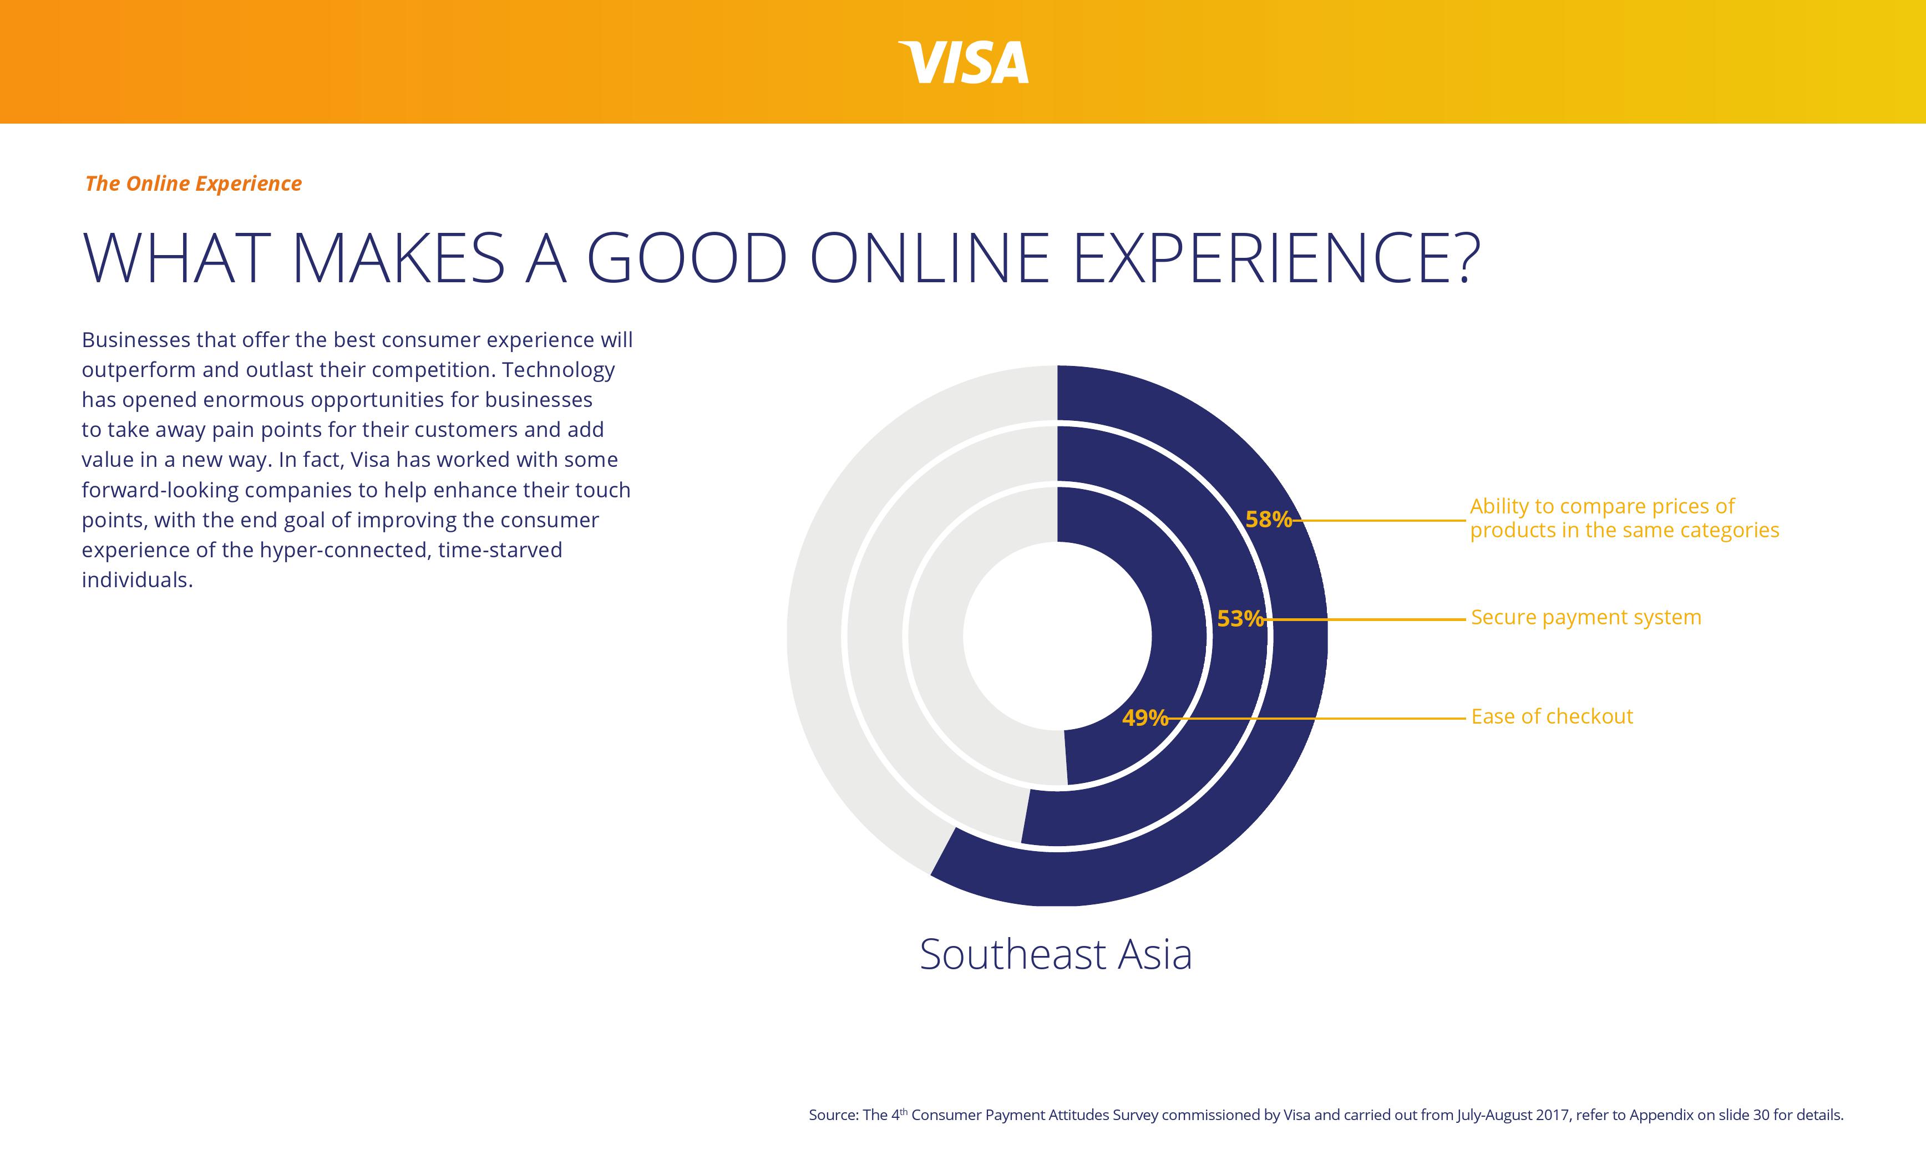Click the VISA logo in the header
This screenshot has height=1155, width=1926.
coord(963,62)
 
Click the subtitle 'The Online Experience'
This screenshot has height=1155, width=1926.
coord(193,184)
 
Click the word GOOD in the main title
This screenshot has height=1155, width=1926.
coord(686,258)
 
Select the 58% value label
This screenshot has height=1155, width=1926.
coord(1268,519)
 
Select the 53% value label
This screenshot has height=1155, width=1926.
coord(1239,619)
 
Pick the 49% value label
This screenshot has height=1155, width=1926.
coord(1144,718)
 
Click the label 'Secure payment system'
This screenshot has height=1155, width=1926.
coord(1585,617)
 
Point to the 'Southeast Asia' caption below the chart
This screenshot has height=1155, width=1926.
coord(1056,954)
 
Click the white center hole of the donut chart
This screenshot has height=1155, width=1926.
coord(1056,636)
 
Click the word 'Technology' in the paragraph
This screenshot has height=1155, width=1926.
coord(558,370)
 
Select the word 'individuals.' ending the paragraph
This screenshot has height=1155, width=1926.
coord(137,580)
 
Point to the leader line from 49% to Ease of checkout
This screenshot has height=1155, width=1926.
coord(1316,719)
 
